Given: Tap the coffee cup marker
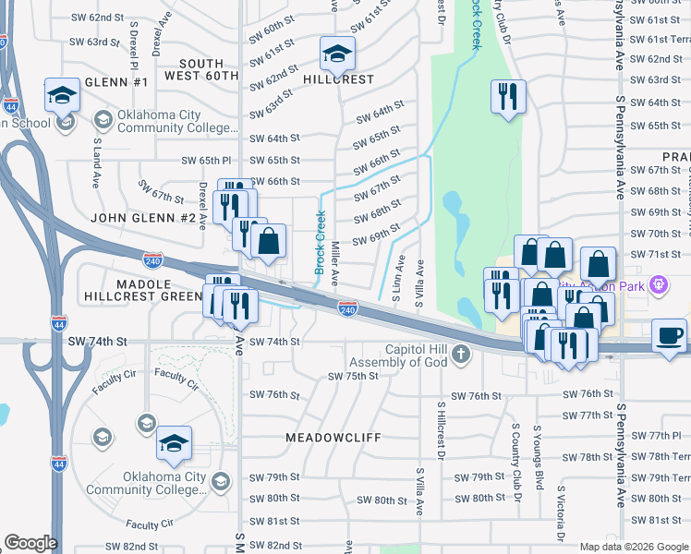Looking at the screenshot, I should point(670,335).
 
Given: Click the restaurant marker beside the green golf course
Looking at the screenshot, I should point(507,99).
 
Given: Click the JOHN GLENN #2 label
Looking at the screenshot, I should point(144,218).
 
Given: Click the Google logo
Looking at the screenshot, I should point(30,543).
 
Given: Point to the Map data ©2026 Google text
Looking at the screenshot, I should point(633,547).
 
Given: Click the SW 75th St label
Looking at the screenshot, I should point(354,376).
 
